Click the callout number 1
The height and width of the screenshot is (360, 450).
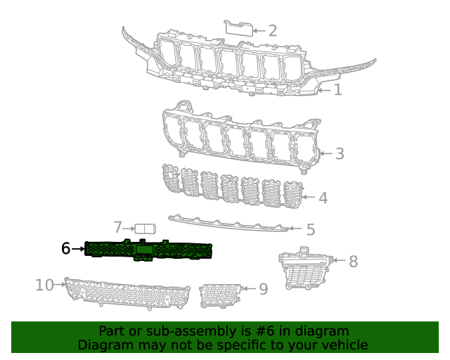pyautogui.click(x=338, y=90)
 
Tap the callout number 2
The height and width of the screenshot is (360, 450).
pyautogui.click(x=273, y=31)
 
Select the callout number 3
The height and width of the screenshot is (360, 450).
pyautogui.click(x=340, y=153)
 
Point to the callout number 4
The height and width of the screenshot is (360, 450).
pyautogui.click(x=323, y=198)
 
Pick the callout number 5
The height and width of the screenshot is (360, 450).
pyautogui.click(x=311, y=229)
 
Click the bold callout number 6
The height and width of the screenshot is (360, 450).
pyautogui.click(x=65, y=248)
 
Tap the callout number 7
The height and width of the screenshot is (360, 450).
pyautogui.click(x=117, y=227)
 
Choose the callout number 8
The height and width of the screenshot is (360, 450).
pyautogui.click(x=353, y=262)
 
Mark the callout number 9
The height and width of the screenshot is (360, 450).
pyautogui.click(x=264, y=289)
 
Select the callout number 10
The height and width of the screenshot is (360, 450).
pyautogui.click(x=44, y=285)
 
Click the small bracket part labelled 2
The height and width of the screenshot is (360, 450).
pyautogui.click(x=238, y=28)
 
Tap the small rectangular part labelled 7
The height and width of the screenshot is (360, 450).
pyautogui.click(x=146, y=229)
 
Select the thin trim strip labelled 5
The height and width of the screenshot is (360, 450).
pyautogui.click(x=229, y=224)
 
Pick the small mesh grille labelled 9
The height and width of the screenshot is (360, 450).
pyautogui.click(x=220, y=296)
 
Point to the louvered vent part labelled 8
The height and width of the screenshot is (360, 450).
pyautogui.click(x=304, y=269)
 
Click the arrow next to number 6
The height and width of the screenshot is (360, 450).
pyautogui.click(x=78, y=249)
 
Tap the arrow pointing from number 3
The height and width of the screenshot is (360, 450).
pyautogui.click(x=326, y=153)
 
